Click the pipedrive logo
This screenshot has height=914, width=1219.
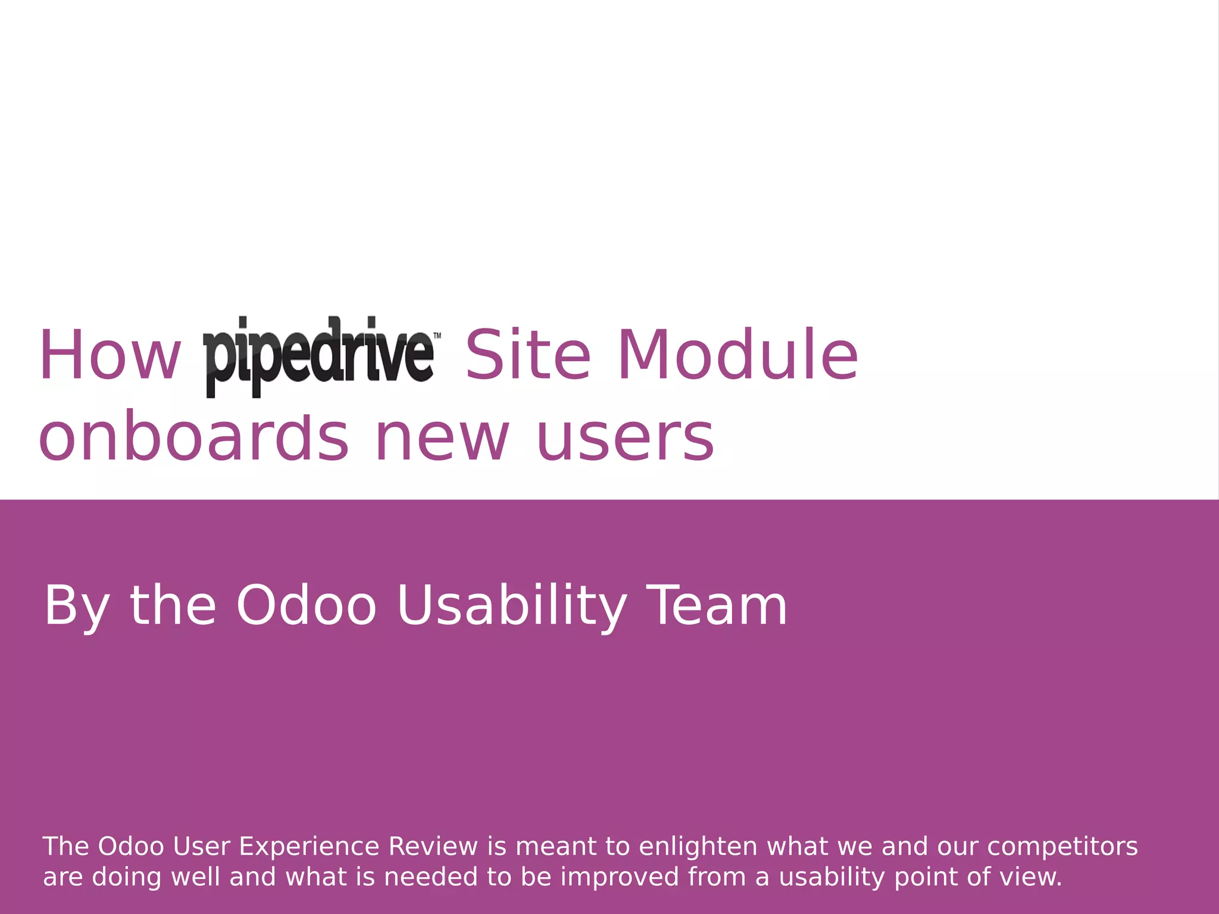[318, 356]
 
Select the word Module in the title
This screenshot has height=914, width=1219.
[738, 356]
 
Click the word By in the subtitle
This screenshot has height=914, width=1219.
[76, 607]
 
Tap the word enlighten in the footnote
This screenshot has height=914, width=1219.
[698, 847]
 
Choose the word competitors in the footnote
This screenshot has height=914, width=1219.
[1062, 847]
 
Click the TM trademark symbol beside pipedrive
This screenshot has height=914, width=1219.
[437, 336]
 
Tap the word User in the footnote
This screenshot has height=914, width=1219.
[201, 846]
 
